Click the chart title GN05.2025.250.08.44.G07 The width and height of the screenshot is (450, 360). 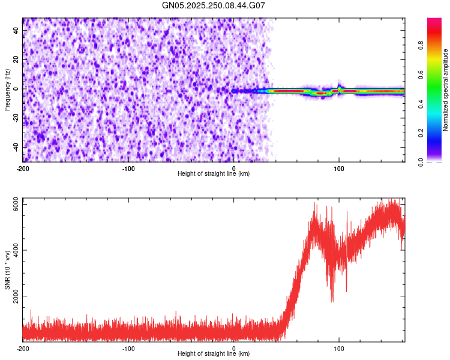pyautogui.click(x=214, y=6)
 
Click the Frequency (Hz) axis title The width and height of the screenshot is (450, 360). pyautogui.click(x=7, y=89)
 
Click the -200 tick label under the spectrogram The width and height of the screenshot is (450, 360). pyautogui.click(x=23, y=169)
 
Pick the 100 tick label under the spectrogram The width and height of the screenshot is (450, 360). pyautogui.click(x=339, y=169)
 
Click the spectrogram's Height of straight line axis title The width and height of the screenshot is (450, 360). pyautogui.click(x=214, y=174)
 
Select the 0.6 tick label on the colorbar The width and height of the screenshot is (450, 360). pyautogui.click(x=436, y=74)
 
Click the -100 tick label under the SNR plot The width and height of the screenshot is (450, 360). pyautogui.click(x=128, y=349)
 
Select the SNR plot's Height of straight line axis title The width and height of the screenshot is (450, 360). pyautogui.click(x=214, y=354)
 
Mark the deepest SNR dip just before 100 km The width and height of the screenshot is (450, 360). pyautogui.click(x=332, y=300)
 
